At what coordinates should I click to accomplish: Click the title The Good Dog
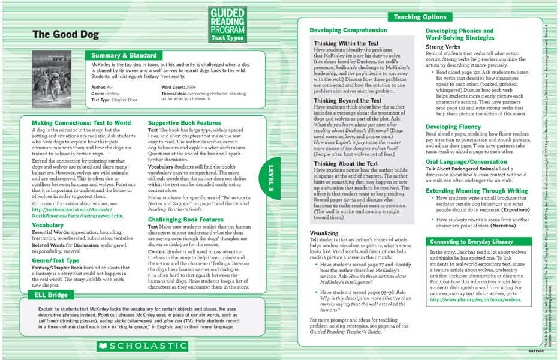point(65,35)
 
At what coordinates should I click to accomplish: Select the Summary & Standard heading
point(123,55)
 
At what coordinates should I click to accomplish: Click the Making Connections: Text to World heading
point(81,122)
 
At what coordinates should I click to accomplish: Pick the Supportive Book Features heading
point(185,122)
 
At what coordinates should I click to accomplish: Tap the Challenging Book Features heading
point(185,220)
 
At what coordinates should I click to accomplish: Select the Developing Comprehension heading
point(348,30)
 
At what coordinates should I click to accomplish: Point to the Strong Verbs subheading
point(444,46)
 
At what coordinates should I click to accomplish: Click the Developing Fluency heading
point(453,127)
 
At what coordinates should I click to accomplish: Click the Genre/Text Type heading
point(55,261)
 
